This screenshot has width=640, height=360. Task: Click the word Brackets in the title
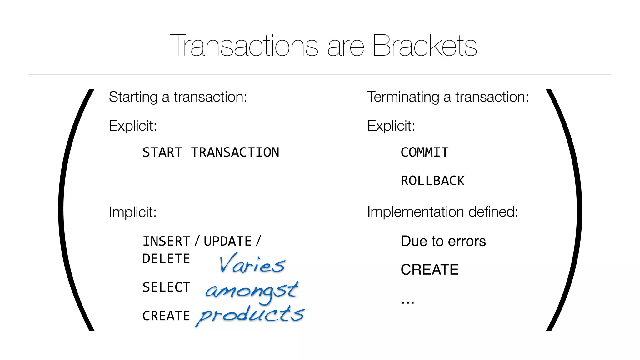pos(425,46)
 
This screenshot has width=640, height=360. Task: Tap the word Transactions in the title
pos(244,46)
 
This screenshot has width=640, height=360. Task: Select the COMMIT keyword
pos(425,152)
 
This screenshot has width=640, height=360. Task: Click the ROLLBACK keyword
pos(433,181)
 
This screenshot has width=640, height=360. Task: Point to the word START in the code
pos(162,152)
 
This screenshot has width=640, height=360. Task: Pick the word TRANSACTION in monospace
pos(235,152)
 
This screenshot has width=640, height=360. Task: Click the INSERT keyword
pos(166,242)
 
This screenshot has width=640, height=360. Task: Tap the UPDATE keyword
pos(227,242)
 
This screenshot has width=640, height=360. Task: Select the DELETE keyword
pos(166,259)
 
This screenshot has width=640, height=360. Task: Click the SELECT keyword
pos(166,287)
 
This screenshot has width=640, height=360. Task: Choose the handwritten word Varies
pos(252,264)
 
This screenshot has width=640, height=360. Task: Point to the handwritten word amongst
pos(252,291)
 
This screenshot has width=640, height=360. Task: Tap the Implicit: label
pos(132,212)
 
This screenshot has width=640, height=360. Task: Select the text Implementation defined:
pos(442,212)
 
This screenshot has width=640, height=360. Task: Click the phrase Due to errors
pos(443,241)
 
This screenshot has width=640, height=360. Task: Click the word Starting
pos(133,97)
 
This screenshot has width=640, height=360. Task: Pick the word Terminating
pos(403,97)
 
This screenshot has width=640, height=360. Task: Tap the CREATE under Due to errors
pos(430,270)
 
